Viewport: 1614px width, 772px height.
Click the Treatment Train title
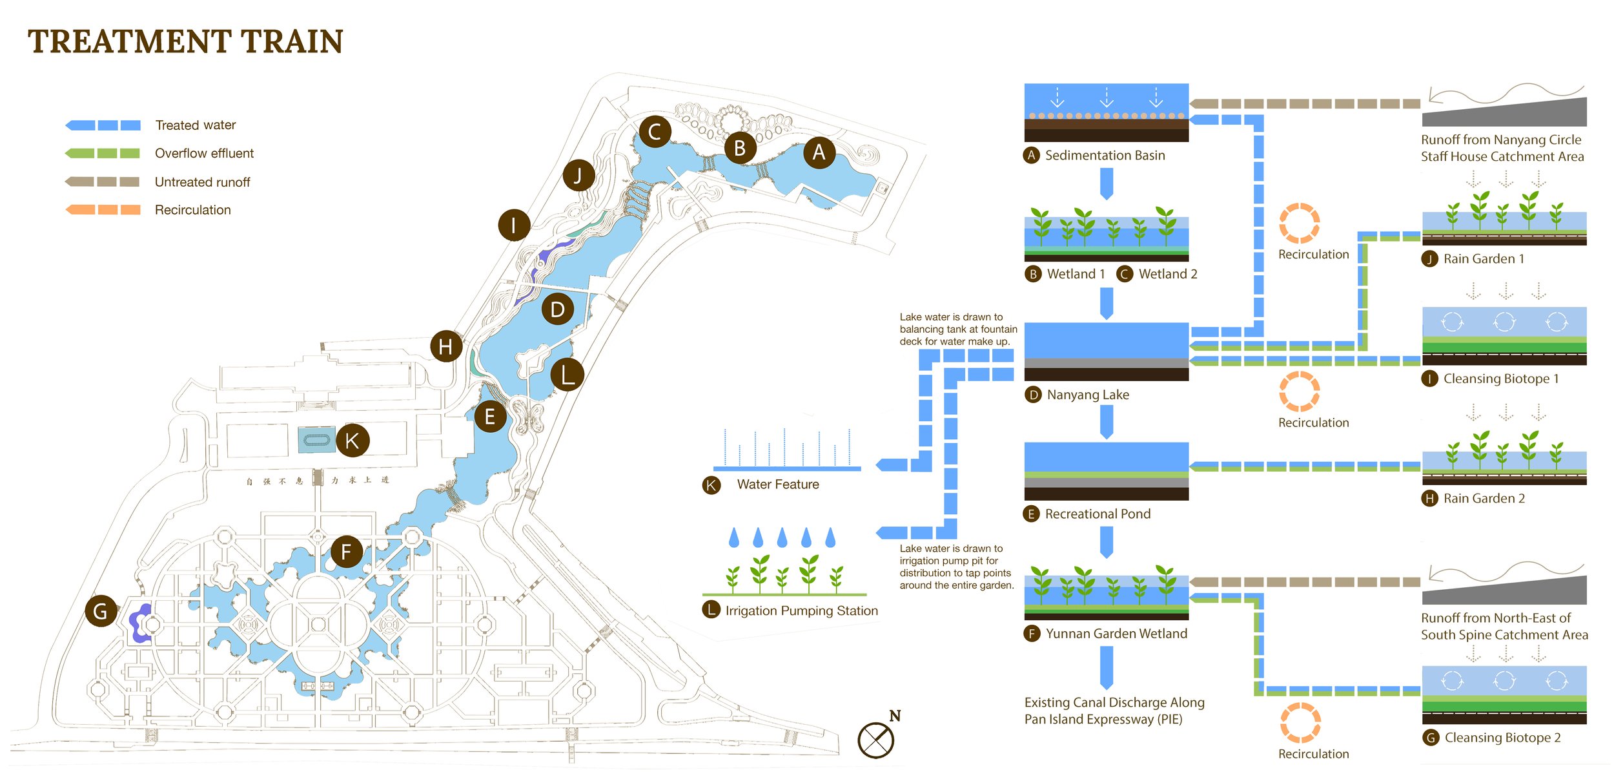[x=185, y=42]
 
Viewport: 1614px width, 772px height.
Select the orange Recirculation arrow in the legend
[x=103, y=209]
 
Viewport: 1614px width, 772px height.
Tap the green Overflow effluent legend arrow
[x=103, y=153]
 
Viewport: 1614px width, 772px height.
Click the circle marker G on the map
[x=101, y=611]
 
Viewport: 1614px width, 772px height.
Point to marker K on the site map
[x=352, y=441]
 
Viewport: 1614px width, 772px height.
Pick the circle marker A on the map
[x=819, y=152]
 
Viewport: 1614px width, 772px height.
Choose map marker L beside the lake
[x=567, y=375]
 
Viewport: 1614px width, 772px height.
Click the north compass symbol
[x=876, y=740]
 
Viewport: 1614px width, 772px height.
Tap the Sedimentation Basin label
[x=1105, y=155]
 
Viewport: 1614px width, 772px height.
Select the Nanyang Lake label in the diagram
[x=1088, y=395]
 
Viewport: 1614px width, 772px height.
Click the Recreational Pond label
[x=1098, y=514]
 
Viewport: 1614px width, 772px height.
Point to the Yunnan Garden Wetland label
[x=1116, y=634]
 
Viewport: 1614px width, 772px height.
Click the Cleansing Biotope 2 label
[x=1502, y=738]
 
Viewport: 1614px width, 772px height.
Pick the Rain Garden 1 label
[x=1484, y=259]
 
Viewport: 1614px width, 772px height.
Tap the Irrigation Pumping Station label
[x=801, y=610]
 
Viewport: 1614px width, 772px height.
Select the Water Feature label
[x=778, y=485]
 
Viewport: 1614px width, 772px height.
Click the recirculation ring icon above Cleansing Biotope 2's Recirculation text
[x=1300, y=722]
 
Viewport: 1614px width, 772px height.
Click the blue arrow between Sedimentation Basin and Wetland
[x=1107, y=183]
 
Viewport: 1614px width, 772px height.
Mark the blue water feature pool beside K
[x=316, y=440]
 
